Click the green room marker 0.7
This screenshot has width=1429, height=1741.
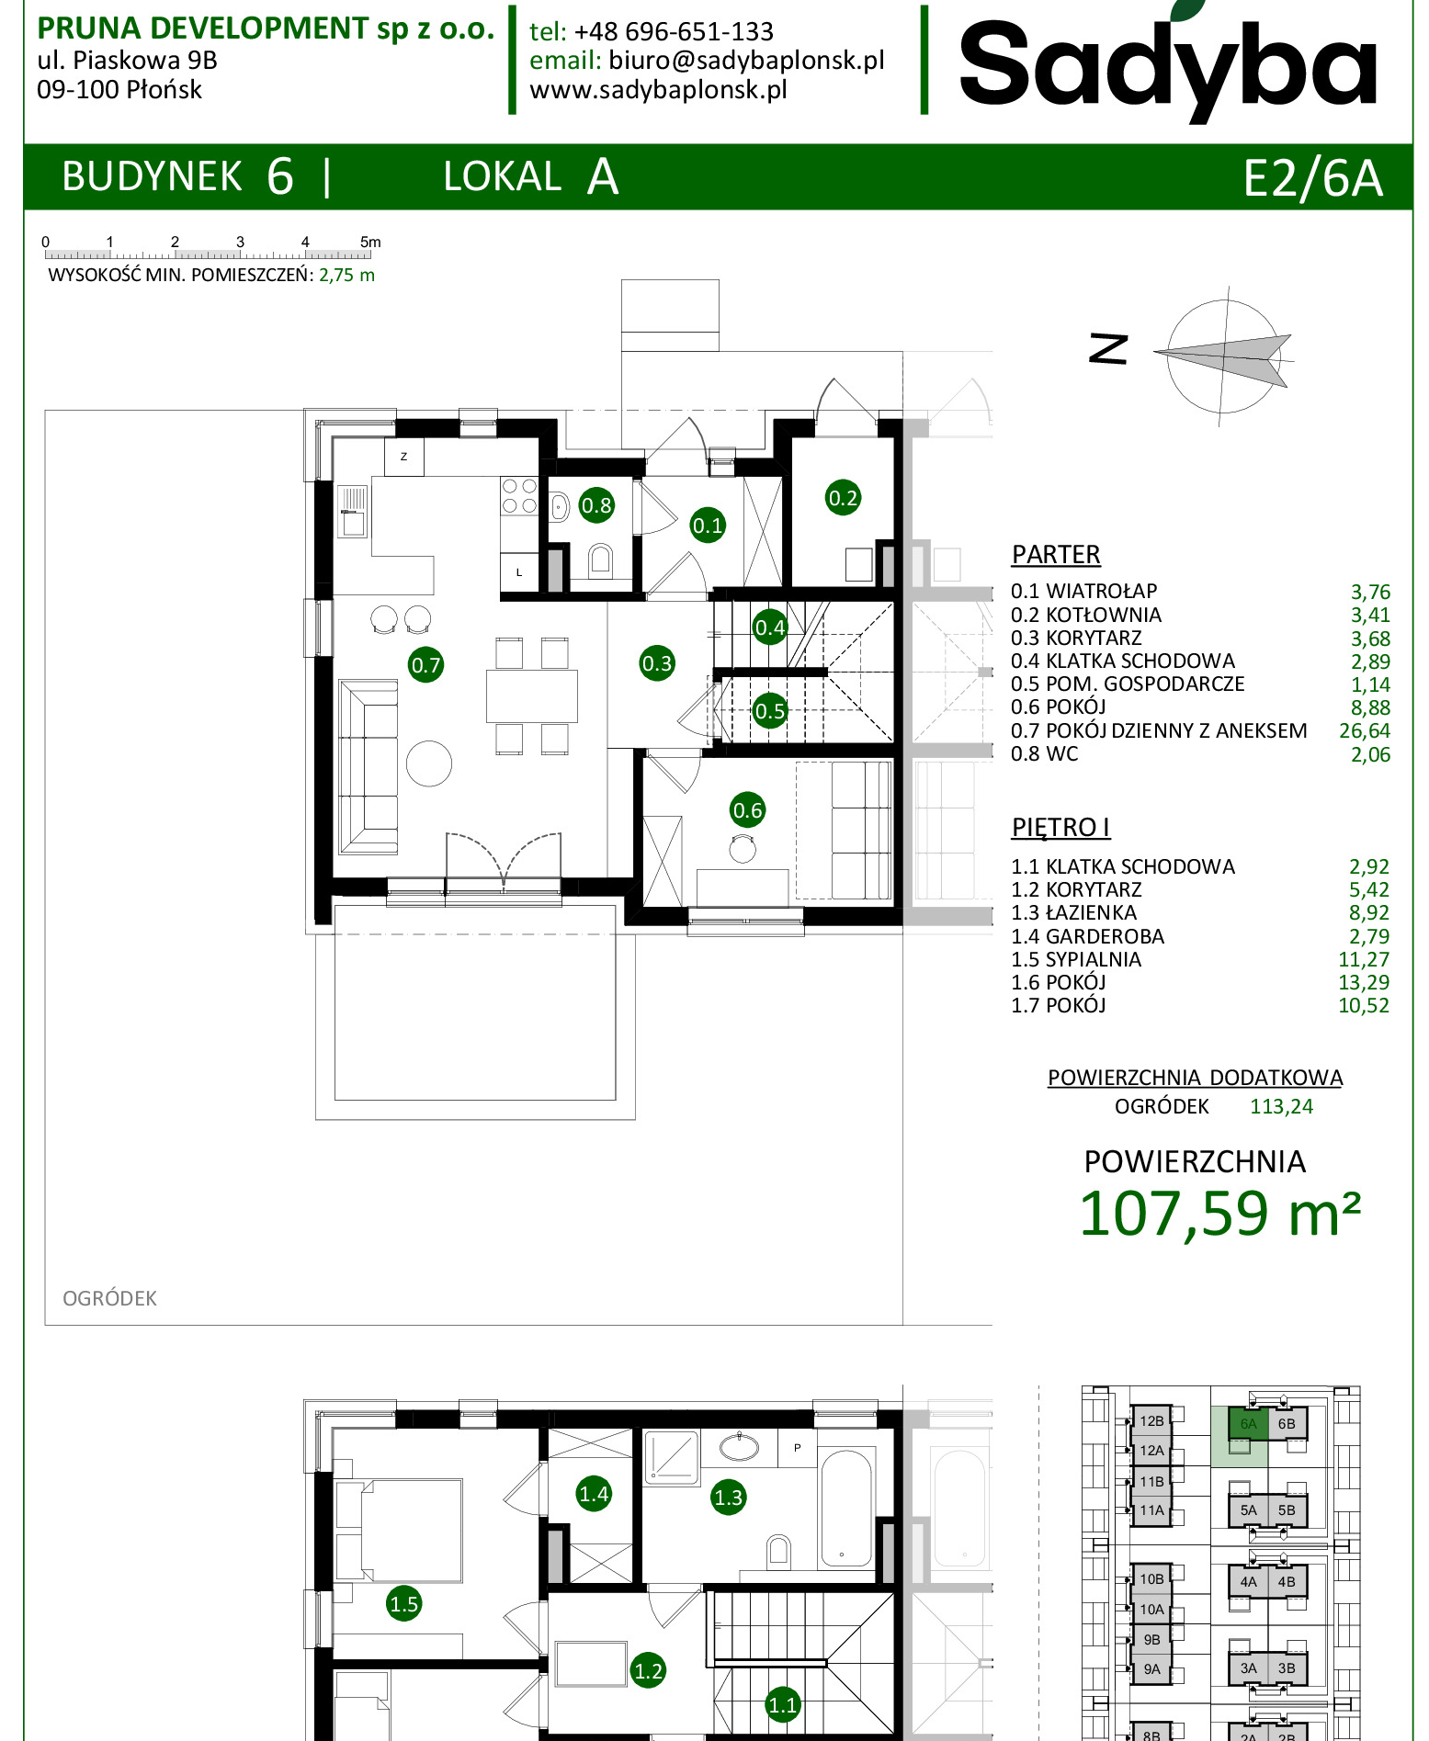point(425,664)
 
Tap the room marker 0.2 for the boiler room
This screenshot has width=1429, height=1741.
point(843,498)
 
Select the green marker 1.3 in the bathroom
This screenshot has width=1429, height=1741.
point(728,1497)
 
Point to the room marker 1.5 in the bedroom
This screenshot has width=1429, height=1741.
point(403,1603)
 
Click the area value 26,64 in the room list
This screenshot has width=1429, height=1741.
point(1365,731)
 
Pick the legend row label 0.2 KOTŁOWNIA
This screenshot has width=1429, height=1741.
point(1086,615)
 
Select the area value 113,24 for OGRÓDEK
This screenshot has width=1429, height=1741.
point(1281,1106)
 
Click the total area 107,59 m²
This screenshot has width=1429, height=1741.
point(1219,1214)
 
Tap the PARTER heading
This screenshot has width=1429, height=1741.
point(1056,555)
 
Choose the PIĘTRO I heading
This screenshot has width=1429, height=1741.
point(1060,827)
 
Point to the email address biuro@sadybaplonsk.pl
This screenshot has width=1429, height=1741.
point(746,61)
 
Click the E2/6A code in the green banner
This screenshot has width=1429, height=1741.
point(1312,177)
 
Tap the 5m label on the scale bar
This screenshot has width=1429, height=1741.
point(370,242)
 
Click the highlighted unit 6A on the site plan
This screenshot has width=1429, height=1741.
point(1248,1424)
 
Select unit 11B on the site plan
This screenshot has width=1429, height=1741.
point(1151,1481)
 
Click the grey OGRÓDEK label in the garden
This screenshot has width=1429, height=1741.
point(109,1298)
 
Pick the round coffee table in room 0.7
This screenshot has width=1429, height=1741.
point(429,763)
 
